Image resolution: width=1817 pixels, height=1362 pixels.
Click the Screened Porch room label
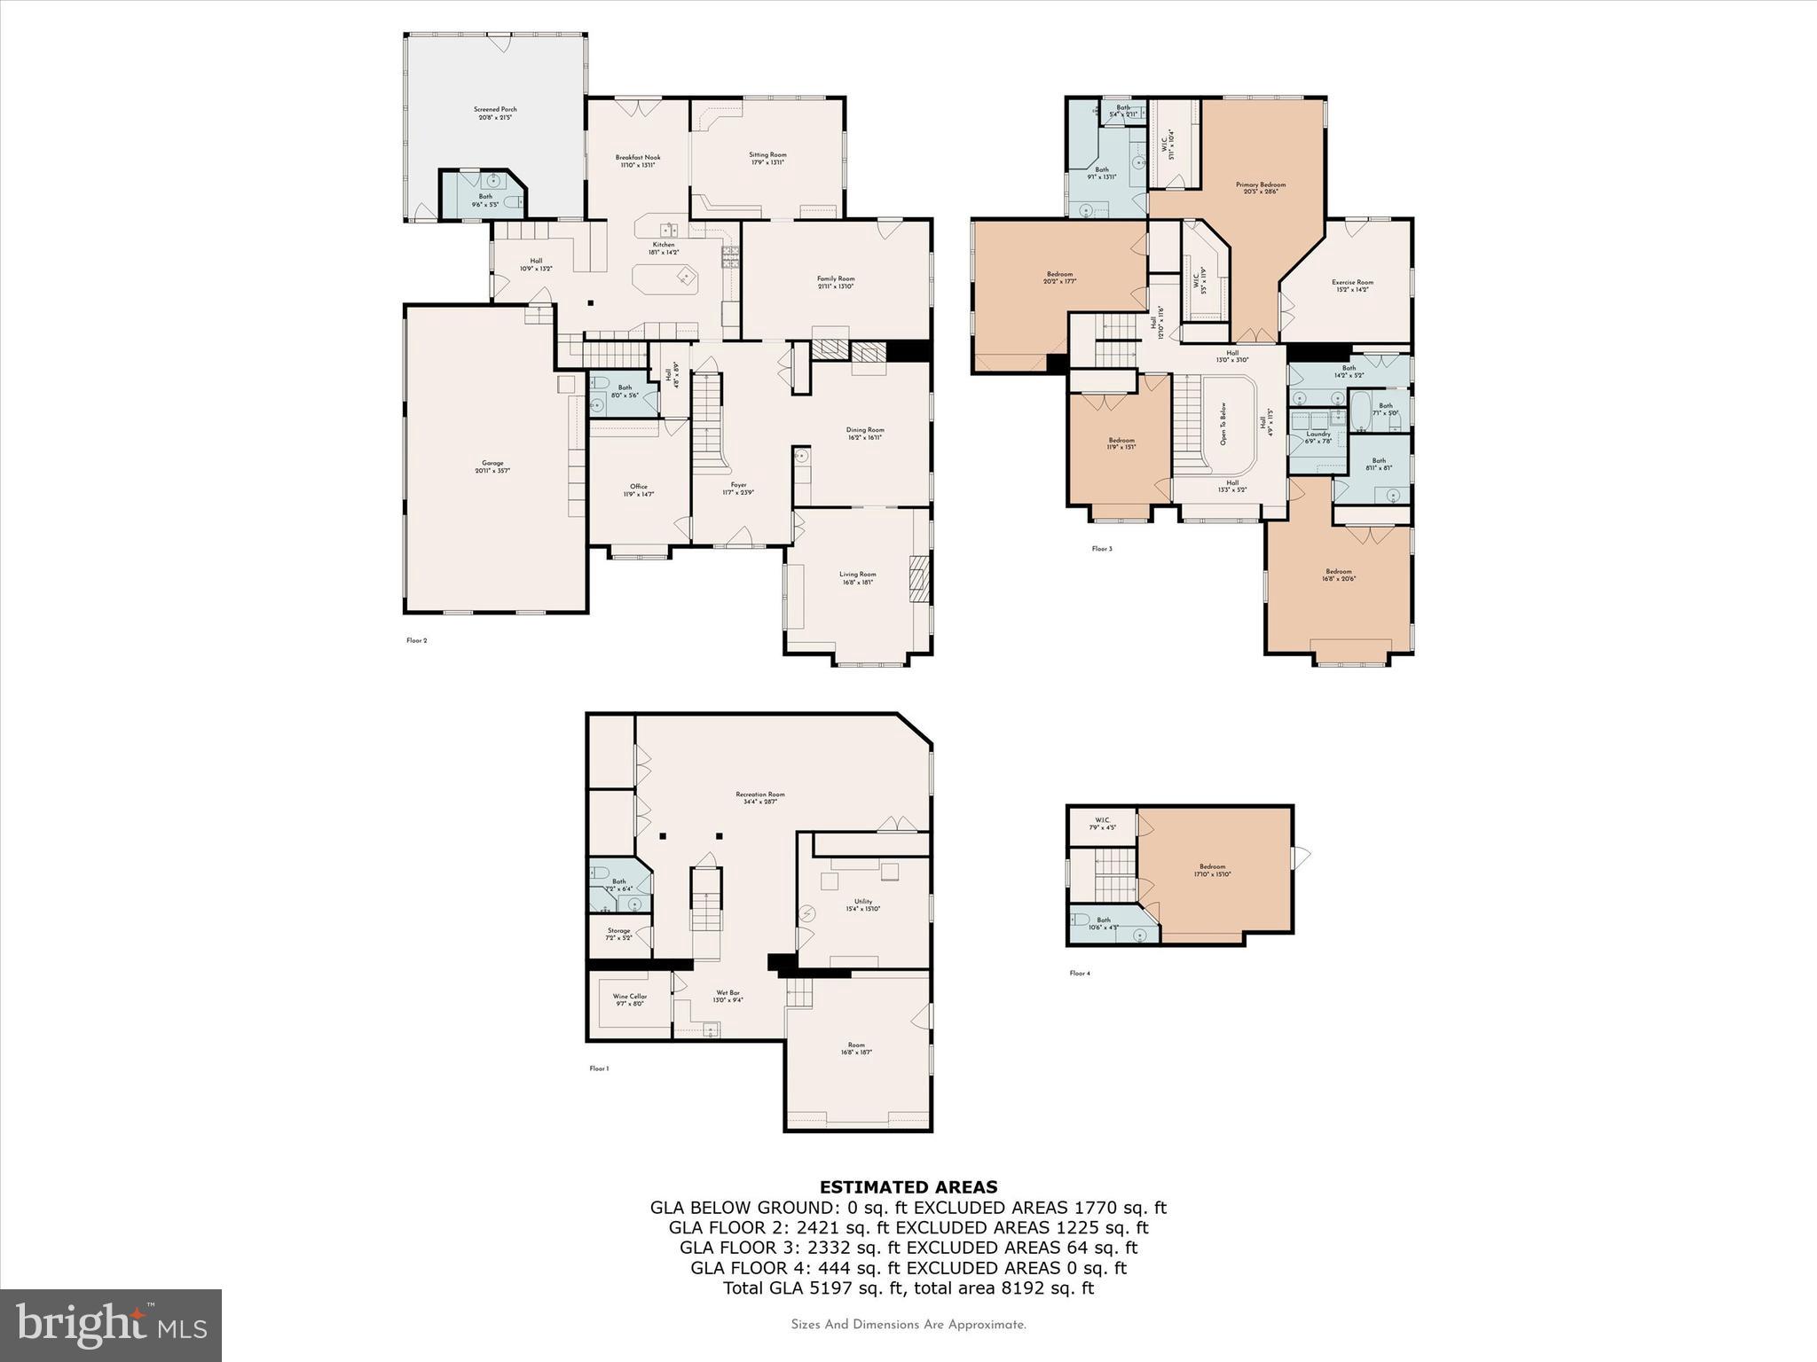[x=494, y=110]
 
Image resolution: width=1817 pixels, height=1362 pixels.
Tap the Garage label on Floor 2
[x=492, y=463]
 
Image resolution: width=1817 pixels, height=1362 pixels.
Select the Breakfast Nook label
[x=638, y=158]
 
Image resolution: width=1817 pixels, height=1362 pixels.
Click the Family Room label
[x=836, y=279]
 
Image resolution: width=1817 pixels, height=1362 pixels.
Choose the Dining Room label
[x=865, y=430]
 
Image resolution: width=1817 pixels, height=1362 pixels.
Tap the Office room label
[x=639, y=487]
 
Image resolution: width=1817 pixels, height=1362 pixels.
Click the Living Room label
[x=858, y=575]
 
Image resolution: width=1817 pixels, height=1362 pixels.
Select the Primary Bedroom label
[x=1261, y=185]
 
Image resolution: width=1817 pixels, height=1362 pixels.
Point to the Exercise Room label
[x=1352, y=283]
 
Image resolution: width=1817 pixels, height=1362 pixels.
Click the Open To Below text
[x=1223, y=424]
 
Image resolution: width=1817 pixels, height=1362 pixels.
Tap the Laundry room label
[x=1318, y=434]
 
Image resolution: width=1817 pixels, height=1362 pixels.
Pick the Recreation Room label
[x=760, y=794]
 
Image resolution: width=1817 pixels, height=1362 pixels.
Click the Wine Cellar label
[x=630, y=997]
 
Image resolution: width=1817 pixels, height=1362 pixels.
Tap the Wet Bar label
[x=728, y=993]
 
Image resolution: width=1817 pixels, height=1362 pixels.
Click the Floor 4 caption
[x=1080, y=974]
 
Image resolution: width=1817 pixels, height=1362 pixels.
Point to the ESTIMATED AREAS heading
[x=908, y=1187]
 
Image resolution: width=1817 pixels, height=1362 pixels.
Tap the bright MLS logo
[x=111, y=1325]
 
